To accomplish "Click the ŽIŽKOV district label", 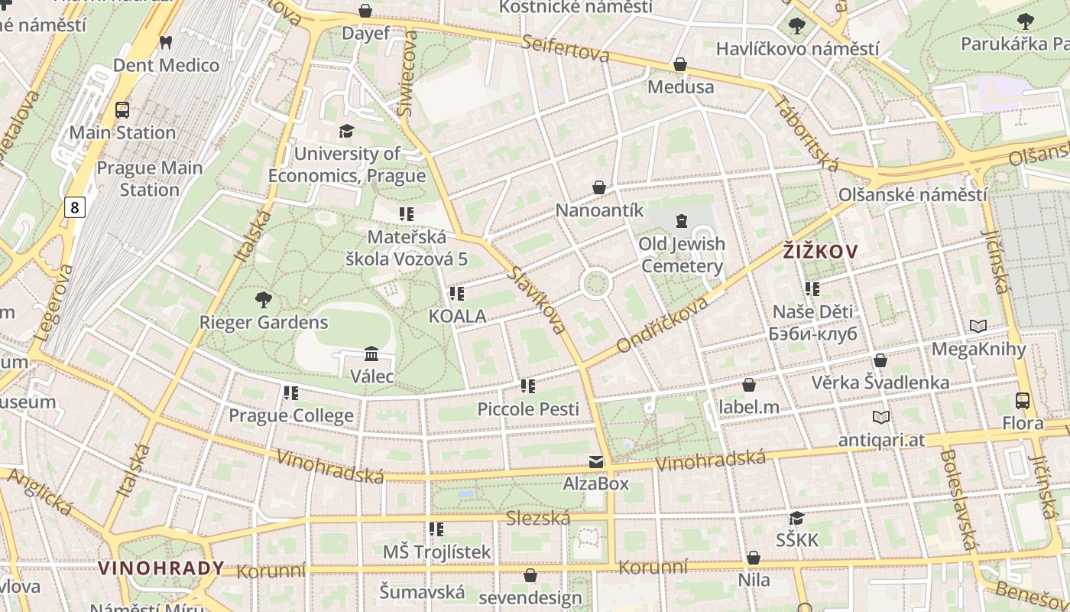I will click(x=820, y=251).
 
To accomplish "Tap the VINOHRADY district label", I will click(x=161, y=568).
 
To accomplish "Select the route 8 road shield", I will click(x=74, y=207).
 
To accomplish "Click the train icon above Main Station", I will click(x=122, y=110).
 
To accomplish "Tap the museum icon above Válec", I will click(x=371, y=353).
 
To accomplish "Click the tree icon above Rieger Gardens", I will click(x=264, y=299).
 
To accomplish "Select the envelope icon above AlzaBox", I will click(x=595, y=461).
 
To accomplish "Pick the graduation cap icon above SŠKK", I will click(x=796, y=518).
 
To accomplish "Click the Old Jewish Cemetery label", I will click(x=682, y=255).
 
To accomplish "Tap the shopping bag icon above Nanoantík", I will click(x=599, y=187).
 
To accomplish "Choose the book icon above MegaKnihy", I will click(x=978, y=327).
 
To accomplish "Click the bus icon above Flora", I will click(x=1022, y=400).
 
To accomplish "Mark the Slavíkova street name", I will click(x=538, y=300).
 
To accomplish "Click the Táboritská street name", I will click(x=806, y=133).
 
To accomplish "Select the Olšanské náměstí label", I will click(x=912, y=194).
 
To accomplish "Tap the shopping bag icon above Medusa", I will click(x=680, y=64).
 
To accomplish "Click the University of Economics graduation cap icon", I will click(x=346, y=131).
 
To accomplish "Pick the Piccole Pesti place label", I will click(x=528, y=409).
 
